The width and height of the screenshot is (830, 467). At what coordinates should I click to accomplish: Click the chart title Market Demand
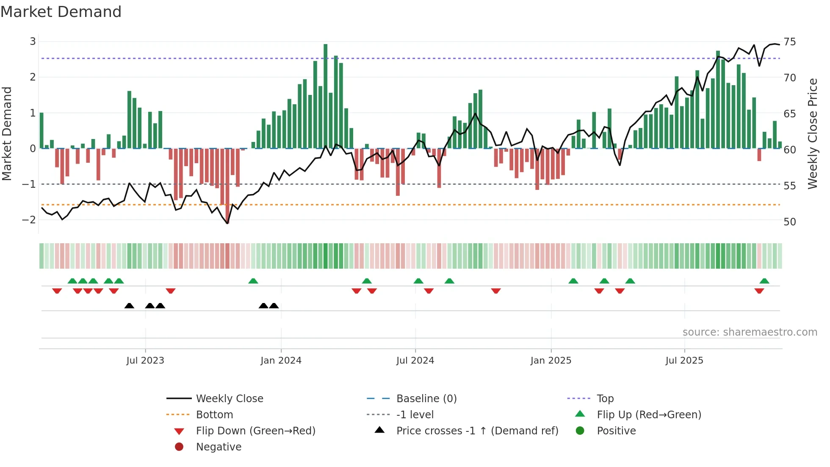pos(61,12)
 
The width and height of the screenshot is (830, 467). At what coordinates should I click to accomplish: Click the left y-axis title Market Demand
pos(7,134)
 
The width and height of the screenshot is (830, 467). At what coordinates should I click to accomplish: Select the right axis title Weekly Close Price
pos(812,134)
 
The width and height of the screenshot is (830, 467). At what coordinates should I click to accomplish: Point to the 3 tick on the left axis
pos(33,42)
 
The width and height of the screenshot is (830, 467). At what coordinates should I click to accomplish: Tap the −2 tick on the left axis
pos(29,220)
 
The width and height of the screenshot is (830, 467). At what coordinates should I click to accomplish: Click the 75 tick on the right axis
pos(789,42)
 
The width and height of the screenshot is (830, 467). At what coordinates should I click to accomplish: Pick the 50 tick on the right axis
pos(789,222)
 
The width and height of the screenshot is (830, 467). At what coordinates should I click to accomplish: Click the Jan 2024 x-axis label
pos(281,361)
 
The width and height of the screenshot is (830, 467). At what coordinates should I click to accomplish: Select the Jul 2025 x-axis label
pos(684,361)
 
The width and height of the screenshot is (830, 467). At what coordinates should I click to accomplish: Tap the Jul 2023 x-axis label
pos(145,361)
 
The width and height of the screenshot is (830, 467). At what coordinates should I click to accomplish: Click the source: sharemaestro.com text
pos(750,332)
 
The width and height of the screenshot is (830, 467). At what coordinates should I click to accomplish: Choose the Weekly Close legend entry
pos(229,399)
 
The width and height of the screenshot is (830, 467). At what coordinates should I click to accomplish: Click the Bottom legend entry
pos(214,415)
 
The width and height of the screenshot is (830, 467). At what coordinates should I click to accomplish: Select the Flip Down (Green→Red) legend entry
pos(255,431)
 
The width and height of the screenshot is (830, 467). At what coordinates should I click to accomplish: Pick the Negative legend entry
pos(219,447)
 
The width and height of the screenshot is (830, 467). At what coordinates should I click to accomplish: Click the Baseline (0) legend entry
pos(426,399)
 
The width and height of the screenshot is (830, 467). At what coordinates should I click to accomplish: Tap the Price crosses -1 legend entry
pos(477,431)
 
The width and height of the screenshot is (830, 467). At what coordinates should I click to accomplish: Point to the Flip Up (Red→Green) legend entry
pos(649,415)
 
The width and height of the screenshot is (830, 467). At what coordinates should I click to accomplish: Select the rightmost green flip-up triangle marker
pos(764,281)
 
